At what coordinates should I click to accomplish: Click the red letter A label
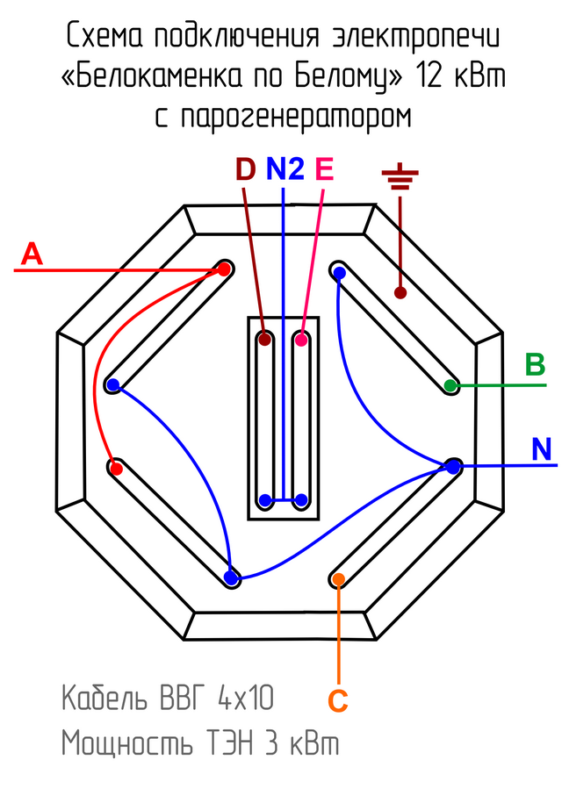[32, 255]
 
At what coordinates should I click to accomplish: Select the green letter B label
[535, 364]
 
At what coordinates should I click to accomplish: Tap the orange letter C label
[338, 701]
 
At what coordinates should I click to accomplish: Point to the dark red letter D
[245, 168]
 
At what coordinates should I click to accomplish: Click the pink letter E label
[324, 168]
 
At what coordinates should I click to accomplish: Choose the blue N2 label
[285, 168]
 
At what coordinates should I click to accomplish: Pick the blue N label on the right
[542, 450]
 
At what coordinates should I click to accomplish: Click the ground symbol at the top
[400, 180]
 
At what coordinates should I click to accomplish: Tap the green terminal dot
[450, 385]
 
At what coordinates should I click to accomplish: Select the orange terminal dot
[338, 578]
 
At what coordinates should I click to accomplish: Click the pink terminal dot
[301, 340]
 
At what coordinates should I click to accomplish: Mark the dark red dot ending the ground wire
[400, 292]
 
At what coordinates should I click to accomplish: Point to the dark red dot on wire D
[264, 340]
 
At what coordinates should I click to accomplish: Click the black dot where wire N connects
[453, 467]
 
